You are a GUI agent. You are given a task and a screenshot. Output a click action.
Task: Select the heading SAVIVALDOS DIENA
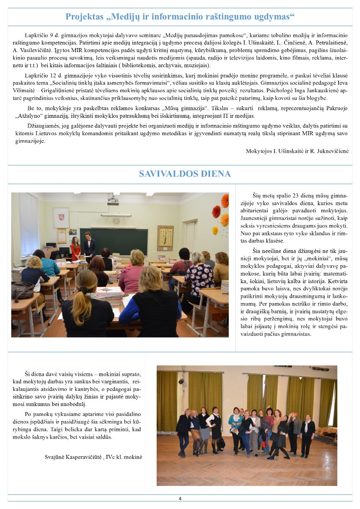pyautogui.click(x=185, y=174)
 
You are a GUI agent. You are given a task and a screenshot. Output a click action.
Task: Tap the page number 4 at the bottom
pyautogui.click(x=180, y=499)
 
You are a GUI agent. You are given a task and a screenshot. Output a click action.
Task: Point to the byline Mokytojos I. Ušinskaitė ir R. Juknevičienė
pyautogui.click(x=297, y=151)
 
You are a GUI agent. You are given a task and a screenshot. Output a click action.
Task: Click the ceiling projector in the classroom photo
pyautogui.click(x=113, y=201)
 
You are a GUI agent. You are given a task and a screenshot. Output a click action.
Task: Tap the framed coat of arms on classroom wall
pyautogui.click(x=61, y=217)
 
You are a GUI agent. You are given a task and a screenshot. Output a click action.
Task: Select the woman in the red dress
pyautogui.click(x=76, y=249)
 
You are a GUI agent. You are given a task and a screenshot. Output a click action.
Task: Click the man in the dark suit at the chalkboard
pyautogui.click(x=89, y=247)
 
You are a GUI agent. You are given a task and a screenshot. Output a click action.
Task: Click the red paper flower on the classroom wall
pyautogui.click(x=216, y=211)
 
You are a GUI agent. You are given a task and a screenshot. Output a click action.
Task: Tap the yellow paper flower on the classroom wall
pyautogui.click(x=215, y=230)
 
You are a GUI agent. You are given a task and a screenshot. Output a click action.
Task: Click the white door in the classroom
pyautogui.click(x=190, y=238)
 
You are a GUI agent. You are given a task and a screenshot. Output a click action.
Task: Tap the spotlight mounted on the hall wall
pyautogui.click(x=181, y=381)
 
